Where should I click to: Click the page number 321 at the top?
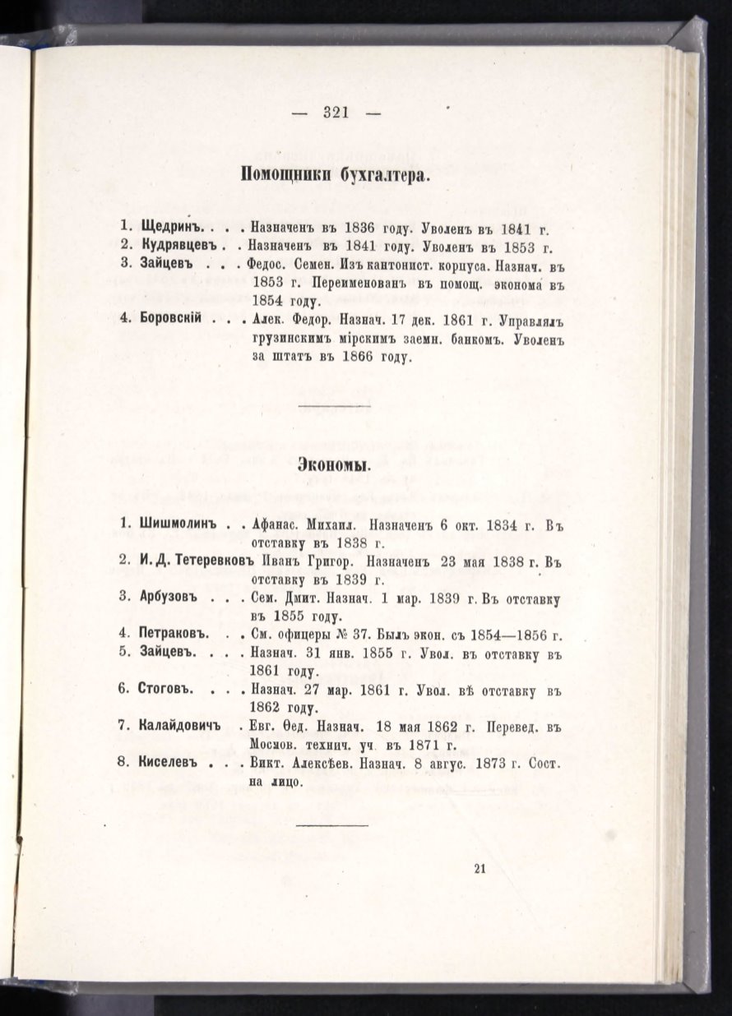pos(336,113)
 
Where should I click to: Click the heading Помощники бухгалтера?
pos(336,175)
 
